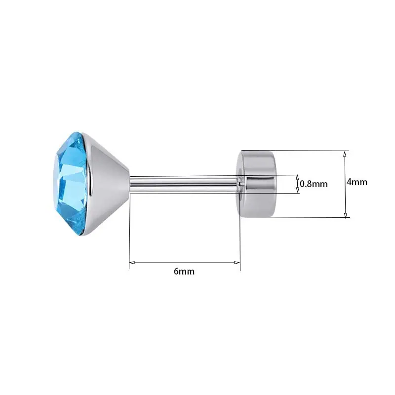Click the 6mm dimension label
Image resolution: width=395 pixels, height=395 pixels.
[184, 271]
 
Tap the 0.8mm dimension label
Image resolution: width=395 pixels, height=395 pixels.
[314, 184]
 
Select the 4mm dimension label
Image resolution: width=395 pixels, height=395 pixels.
[357, 182]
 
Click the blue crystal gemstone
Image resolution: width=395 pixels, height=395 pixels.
[71, 183]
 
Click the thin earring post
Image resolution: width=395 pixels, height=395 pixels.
[184, 185]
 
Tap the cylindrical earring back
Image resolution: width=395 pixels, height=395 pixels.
[256, 184]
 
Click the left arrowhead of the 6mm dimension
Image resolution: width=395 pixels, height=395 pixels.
[132, 263]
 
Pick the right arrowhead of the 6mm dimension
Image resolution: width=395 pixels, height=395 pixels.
[237, 263]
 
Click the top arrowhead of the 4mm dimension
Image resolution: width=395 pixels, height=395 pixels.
[345, 154]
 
